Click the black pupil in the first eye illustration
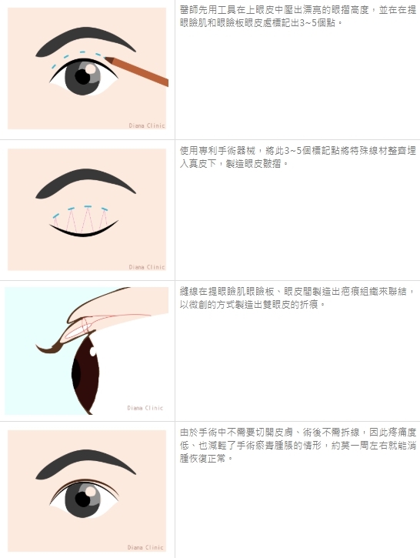(x=82, y=76)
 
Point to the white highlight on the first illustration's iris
(x=91, y=68)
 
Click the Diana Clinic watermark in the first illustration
(x=146, y=125)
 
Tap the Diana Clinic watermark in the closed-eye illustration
(x=146, y=267)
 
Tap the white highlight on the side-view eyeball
(x=93, y=352)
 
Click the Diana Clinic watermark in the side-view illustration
(x=145, y=408)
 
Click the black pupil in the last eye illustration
(x=82, y=500)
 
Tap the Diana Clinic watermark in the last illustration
(x=145, y=547)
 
